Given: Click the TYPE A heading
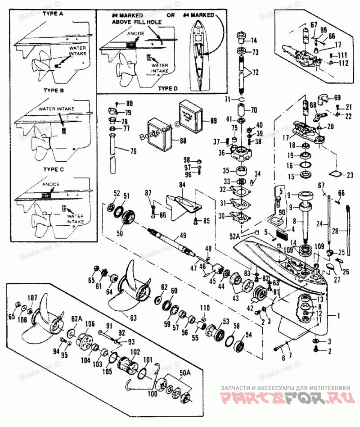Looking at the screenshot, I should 53,14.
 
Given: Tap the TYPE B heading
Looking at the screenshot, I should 53,91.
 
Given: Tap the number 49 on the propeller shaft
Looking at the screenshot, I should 183,235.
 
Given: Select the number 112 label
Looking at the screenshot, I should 344,63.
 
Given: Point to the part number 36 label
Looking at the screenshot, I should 221,153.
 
